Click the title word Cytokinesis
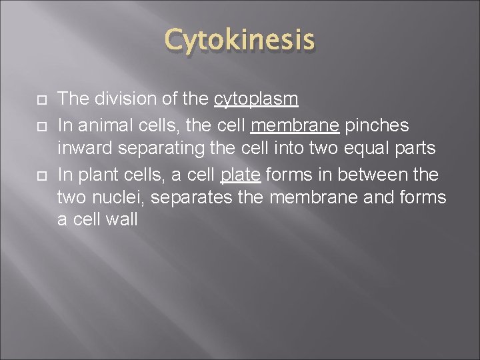point(239,40)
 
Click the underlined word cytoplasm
point(256,99)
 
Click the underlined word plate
point(243,175)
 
